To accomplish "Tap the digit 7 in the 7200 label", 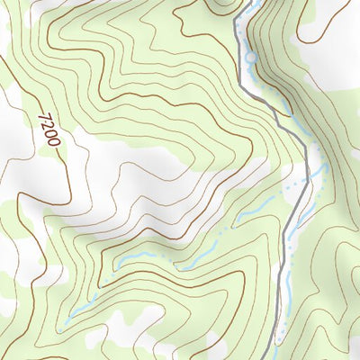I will pyautogui.click(x=46, y=116).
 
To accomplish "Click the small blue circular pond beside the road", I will pyautogui.click(x=251, y=58).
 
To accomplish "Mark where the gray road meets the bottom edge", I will pyautogui.click(x=276, y=358).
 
